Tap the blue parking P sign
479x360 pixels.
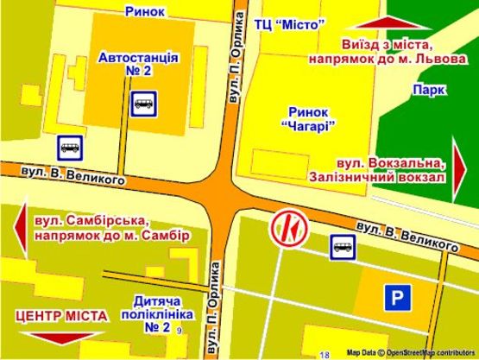[x=397, y=299]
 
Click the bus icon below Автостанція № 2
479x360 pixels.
[x=143, y=104]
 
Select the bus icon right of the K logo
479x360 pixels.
[x=342, y=248]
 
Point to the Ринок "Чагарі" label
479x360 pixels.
[x=307, y=120]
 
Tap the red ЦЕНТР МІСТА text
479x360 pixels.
[x=61, y=316]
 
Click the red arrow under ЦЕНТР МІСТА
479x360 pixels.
[x=60, y=338]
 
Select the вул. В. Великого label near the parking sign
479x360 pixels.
[x=407, y=237]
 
